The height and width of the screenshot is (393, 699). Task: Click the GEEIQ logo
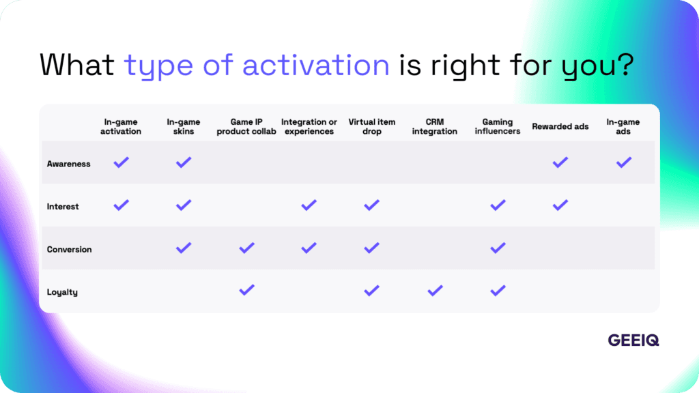(633, 340)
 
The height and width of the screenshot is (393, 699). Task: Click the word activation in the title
(316, 65)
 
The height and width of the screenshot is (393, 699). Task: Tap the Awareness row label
(68, 164)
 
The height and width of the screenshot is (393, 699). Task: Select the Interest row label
(63, 207)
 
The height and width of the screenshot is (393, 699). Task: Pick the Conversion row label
(69, 250)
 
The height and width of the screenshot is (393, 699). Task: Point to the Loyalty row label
(62, 292)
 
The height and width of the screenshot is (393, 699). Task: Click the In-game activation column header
(121, 127)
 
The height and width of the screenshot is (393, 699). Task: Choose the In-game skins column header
(183, 127)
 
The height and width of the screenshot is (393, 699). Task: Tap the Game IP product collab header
(246, 127)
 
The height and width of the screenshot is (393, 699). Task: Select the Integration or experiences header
(309, 127)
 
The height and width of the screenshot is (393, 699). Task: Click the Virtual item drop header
(372, 127)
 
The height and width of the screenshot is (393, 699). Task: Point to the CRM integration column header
(435, 127)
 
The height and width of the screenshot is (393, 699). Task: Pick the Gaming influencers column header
(498, 127)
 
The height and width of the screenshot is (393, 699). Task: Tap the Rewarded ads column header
(560, 127)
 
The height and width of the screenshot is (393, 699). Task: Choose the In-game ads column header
(623, 127)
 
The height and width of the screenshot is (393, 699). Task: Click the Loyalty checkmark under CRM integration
(435, 291)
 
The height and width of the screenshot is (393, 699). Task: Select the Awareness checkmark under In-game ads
(623, 162)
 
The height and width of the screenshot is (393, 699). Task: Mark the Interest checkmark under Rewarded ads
(560, 205)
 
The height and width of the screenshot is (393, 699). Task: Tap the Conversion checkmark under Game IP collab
(246, 248)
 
